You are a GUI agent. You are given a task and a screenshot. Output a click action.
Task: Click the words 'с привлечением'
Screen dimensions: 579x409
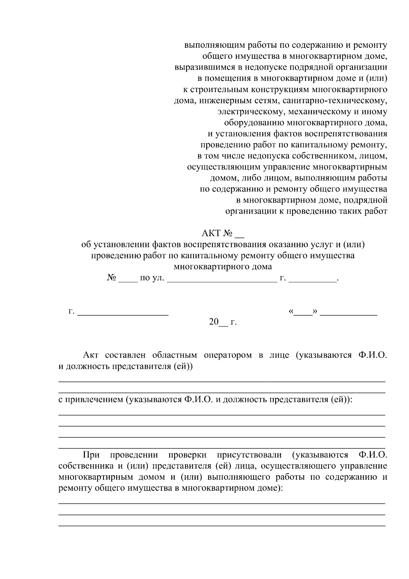[x=90, y=400]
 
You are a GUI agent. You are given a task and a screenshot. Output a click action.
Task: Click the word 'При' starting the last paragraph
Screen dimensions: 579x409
[x=91, y=455]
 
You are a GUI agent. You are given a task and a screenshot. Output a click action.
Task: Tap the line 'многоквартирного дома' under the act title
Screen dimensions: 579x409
[x=223, y=267]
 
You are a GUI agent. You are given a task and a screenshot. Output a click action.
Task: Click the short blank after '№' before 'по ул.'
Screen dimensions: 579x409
[x=127, y=279]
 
